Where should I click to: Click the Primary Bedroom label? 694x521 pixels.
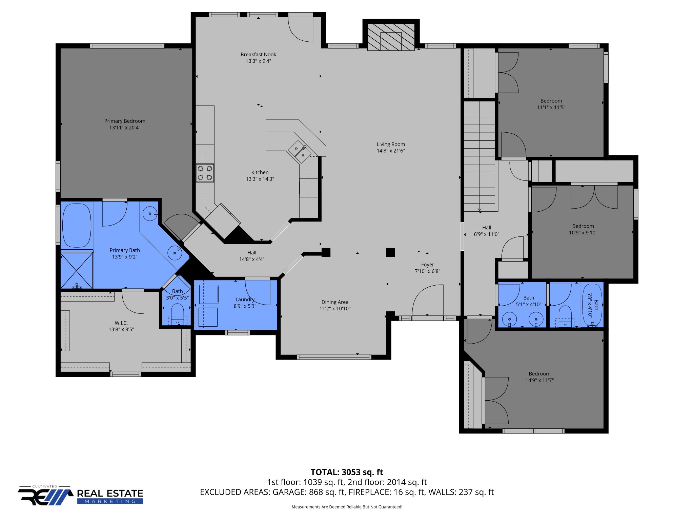[125, 121]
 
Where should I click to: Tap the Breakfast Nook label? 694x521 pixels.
[258, 55]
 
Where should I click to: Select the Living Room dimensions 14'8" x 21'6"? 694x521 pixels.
[391, 151]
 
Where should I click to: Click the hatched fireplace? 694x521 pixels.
[391, 37]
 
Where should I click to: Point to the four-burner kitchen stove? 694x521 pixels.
[205, 173]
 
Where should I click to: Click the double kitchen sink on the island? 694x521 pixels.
[300, 152]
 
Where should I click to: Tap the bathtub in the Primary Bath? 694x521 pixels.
[77, 226]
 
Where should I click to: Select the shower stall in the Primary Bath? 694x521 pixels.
[77, 270]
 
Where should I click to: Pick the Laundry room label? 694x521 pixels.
[245, 300]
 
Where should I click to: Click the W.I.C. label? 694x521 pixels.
[121, 323]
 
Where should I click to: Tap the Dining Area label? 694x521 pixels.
[335, 302]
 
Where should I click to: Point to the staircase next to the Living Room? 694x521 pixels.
[479, 156]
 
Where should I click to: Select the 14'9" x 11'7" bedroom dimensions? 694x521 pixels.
[539, 380]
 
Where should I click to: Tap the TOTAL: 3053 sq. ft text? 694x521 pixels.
[347, 472]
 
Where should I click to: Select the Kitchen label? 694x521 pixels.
[260, 173]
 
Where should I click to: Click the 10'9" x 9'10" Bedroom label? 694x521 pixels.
[583, 226]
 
